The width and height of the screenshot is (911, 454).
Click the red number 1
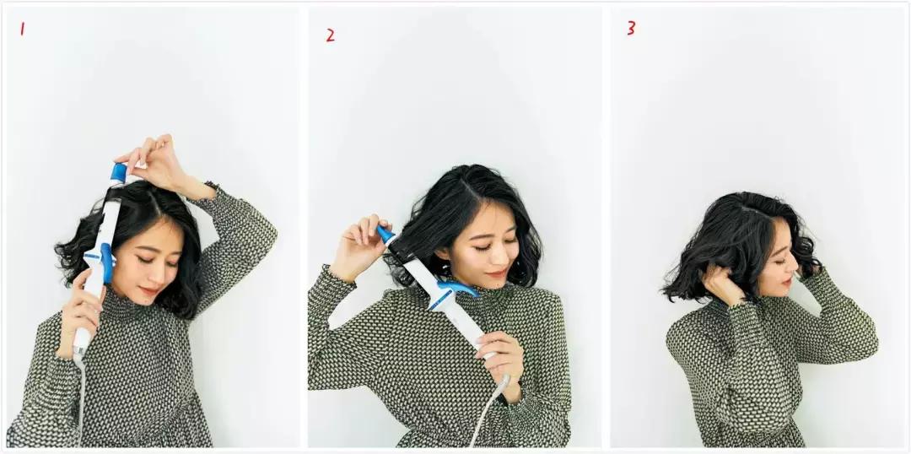pos(22,28)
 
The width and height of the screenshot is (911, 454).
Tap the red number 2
pos(330,35)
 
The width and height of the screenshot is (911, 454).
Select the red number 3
pos(631,28)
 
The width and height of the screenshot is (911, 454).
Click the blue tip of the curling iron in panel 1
pos(119,173)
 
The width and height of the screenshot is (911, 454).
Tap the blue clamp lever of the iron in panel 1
pos(107,262)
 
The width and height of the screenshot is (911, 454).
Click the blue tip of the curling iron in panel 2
pos(385,235)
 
